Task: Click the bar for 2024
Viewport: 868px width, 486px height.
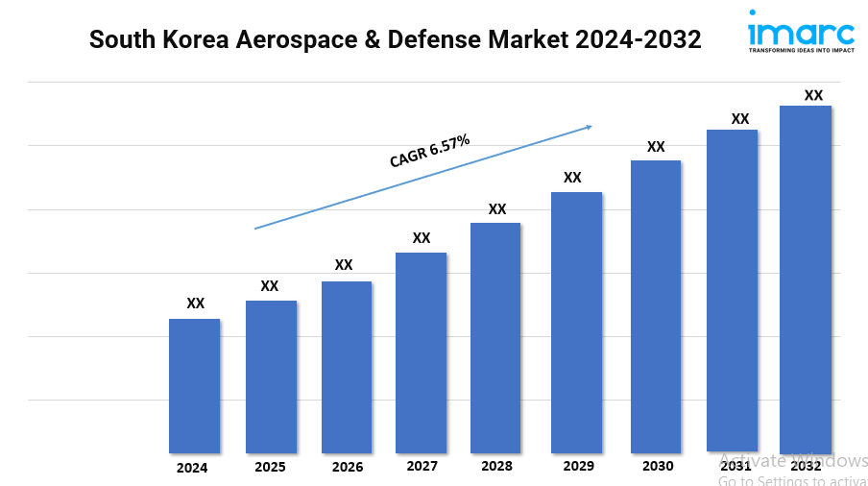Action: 194,385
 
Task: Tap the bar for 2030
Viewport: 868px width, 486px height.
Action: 656,306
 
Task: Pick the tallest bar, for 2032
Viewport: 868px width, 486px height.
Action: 805,279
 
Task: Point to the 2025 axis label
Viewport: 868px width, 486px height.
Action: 270,468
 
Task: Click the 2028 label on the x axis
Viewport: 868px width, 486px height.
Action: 496,467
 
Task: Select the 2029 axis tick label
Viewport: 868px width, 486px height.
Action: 576,466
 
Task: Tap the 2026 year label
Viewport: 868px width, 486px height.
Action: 347,467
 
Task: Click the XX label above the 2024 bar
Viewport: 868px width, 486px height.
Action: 195,304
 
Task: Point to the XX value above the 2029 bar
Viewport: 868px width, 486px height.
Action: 572,178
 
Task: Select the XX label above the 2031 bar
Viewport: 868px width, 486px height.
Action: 740,119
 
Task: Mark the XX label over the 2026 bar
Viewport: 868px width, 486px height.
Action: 344,265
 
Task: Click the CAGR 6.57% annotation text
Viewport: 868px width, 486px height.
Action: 429,152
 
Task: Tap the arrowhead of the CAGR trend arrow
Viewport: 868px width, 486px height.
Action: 589,126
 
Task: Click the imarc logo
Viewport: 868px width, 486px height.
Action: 800,29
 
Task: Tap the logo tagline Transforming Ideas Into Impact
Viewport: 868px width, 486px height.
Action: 800,50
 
